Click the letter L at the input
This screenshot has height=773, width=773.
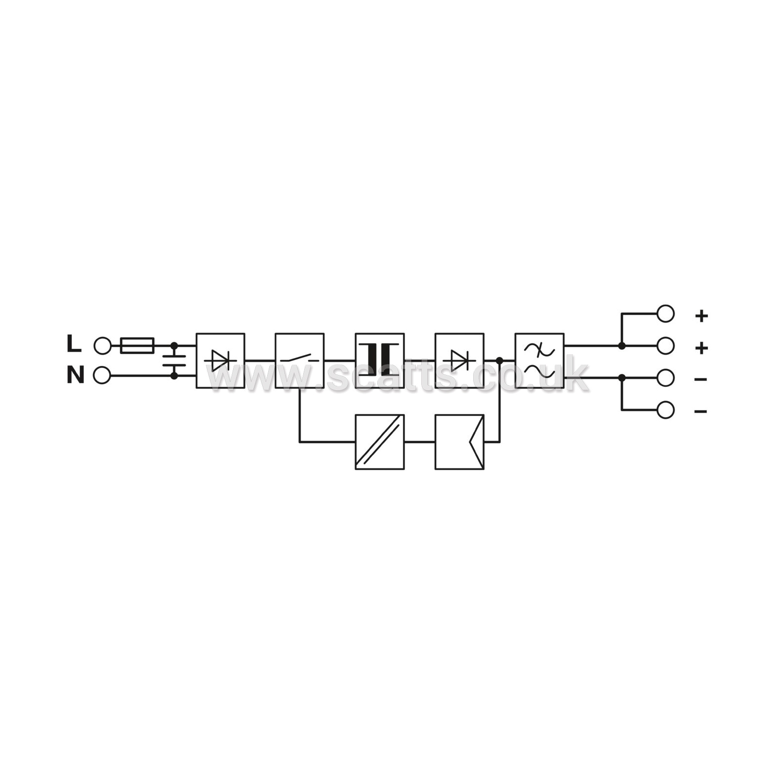pos(74,344)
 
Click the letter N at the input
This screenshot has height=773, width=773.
pos(75,375)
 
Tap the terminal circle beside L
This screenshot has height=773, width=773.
pos(102,346)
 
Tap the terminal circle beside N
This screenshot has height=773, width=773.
pos(102,375)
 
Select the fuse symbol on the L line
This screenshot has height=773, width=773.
pos(137,346)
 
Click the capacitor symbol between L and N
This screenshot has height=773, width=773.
pos(174,361)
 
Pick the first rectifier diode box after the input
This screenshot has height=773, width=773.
pos(220,361)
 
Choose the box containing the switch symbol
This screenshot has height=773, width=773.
pos(300,361)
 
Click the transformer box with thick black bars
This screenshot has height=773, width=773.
pos(380,361)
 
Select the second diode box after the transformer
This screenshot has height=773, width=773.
pos(459,361)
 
